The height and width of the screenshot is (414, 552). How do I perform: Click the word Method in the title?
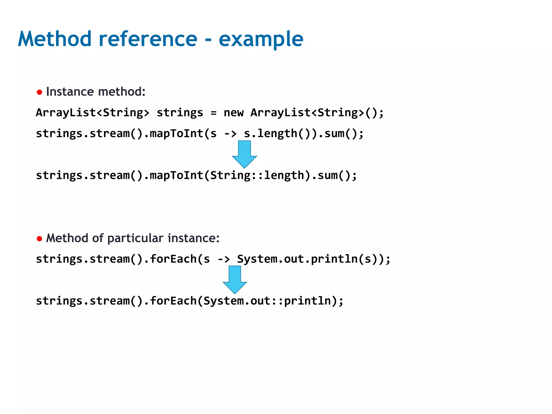point(55,39)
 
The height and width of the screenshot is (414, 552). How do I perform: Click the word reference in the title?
point(148,39)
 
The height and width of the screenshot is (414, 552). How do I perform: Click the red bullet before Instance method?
point(39,92)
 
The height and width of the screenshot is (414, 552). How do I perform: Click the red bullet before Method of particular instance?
point(39,239)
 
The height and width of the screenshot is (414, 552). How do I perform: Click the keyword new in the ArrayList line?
point(233,113)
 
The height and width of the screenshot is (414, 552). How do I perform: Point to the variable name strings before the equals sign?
point(180,113)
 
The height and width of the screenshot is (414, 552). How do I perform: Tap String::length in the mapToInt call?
point(257,175)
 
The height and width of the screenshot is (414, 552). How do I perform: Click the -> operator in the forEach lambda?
point(224,259)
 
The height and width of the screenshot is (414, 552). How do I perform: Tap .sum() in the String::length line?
point(331,175)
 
